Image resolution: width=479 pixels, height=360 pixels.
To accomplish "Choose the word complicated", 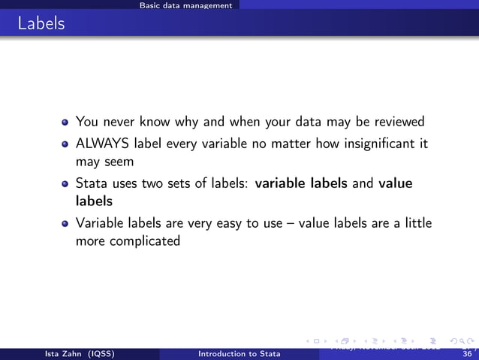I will (x=145, y=241).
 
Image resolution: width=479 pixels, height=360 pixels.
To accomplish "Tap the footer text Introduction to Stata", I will (x=239, y=354).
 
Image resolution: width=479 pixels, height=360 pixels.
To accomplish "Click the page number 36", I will (x=468, y=354).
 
